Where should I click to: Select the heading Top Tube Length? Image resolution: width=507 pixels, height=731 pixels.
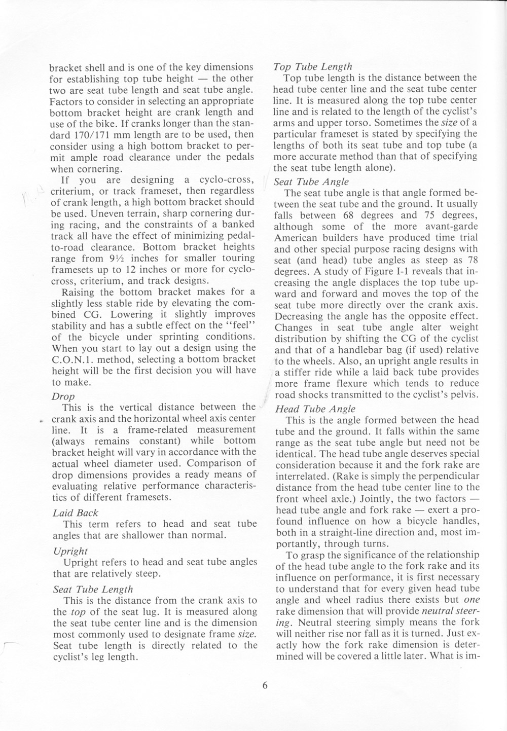(312, 66)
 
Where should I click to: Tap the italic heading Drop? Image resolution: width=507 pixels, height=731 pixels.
(63, 396)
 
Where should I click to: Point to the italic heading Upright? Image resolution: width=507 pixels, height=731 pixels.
(70, 551)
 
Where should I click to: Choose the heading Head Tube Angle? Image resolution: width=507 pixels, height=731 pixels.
(315, 409)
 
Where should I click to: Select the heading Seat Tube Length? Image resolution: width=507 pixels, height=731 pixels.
(93, 589)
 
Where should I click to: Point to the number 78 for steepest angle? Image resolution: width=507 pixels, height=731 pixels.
(472, 260)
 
